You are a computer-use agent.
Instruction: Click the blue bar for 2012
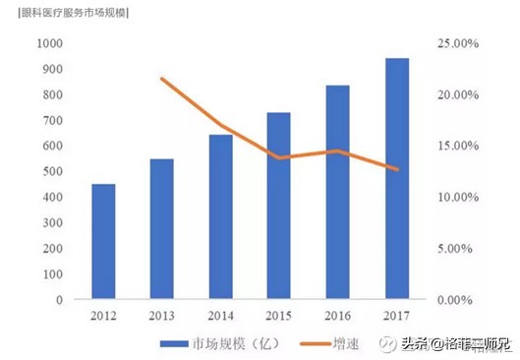(103, 241)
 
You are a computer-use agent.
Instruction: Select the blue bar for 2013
(161, 228)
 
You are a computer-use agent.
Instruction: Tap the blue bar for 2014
(221, 216)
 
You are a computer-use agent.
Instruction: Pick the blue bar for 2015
(279, 206)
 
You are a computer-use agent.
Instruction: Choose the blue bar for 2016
(338, 192)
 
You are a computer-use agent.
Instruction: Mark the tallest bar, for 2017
(397, 178)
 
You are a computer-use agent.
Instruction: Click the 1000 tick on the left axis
(49, 43)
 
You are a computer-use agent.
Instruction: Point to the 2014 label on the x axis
(220, 317)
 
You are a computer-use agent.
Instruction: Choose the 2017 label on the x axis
(397, 317)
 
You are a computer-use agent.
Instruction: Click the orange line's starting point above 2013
(161, 79)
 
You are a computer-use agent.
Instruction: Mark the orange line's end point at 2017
(397, 169)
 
